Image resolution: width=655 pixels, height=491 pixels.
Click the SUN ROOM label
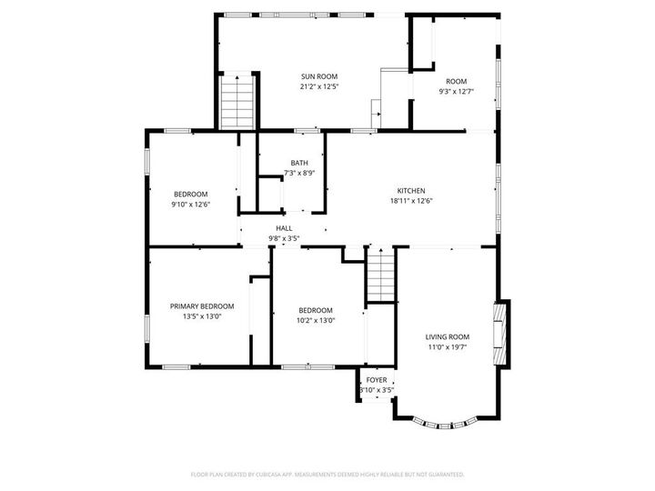(319, 76)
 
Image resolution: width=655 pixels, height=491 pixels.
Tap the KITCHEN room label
(411, 191)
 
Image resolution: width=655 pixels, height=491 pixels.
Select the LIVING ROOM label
(447, 337)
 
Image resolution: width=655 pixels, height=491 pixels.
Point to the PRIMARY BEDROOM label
(202, 306)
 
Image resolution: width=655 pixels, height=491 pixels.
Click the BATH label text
(299, 163)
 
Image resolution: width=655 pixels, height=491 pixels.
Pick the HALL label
(284, 228)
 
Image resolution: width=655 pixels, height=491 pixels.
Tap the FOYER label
(377, 380)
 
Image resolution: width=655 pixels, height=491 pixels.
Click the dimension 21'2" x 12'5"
(319, 87)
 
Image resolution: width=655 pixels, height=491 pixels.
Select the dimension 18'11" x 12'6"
(411, 201)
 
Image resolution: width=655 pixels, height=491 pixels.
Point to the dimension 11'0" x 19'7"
(447, 347)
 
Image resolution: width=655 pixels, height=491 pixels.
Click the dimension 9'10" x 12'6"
(190, 205)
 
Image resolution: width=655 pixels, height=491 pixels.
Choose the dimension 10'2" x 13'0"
(316, 321)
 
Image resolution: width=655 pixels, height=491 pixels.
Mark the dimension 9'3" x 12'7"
(456, 92)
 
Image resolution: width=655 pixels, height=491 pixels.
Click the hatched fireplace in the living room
(500, 334)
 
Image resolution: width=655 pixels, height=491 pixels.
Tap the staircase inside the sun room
(237, 102)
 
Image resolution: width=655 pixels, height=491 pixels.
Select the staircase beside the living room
(381, 274)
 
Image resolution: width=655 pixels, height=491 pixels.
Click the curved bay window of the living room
(445, 425)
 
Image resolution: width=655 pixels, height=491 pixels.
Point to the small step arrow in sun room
(378, 114)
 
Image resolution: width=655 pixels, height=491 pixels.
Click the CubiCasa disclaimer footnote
(327, 475)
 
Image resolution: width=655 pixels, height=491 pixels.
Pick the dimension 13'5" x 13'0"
(202, 316)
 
